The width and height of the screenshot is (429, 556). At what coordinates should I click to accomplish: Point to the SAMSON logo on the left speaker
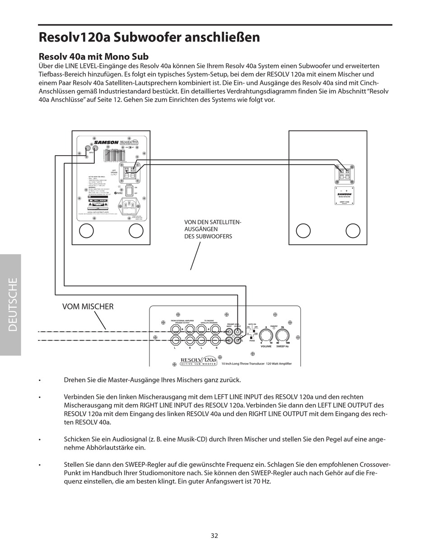(106, 143)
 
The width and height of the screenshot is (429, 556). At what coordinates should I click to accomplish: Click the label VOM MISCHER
(88, 307)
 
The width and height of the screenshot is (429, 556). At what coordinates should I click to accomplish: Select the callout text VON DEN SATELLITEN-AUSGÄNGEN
(213, 229)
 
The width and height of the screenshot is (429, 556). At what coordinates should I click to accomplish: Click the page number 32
(214, 536)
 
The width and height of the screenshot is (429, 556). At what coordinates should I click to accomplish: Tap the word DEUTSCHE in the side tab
(13, 304)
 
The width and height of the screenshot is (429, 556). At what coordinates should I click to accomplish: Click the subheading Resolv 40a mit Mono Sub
(93, 57)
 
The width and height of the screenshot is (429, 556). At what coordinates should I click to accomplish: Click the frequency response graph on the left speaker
(114, 155)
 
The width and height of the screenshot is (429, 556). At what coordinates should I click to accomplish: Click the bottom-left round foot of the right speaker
(303, 231)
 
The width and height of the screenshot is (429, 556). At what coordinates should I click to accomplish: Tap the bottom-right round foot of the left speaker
(136, 231)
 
